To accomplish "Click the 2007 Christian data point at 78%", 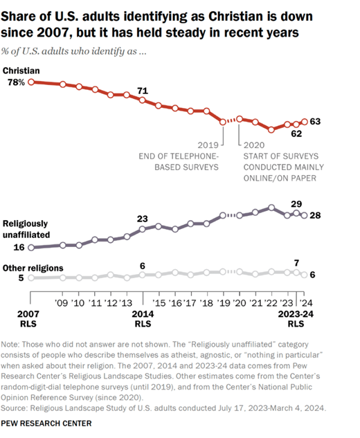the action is (x=31, y=82).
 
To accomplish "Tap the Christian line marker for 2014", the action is (x=142, y=100).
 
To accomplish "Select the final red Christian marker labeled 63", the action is (x=305, y=122).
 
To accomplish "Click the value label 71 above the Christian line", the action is (x=143, y=91).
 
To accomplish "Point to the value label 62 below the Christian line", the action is (x=296, y=134).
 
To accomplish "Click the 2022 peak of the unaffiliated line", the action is (x=271, y=208).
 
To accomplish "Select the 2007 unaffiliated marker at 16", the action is (x=31, y=248).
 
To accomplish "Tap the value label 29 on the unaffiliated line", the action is (x=296, y=204).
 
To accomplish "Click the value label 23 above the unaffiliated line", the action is (x=142, y=219).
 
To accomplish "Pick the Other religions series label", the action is (x=33, y=268).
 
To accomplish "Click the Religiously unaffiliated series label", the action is (x=26, y=229).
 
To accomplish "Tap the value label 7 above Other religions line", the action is (x=296, y=263).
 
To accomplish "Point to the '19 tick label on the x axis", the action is (x=225, y=303).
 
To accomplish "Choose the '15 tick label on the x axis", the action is (x=159, y=303).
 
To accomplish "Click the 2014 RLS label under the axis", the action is (x=143, y=319).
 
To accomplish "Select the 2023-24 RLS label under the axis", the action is (x=296, y=319).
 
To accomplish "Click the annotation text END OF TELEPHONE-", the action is (x=179, y=156).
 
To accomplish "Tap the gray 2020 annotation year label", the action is (x=254, y=145).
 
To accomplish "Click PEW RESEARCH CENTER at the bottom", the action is (x=46, y=423).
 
